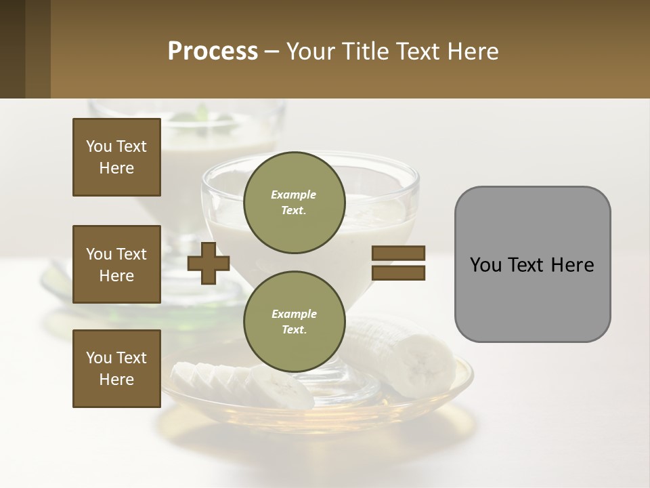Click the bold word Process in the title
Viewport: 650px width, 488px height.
[213, 52]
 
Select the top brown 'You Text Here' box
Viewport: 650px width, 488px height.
[116, 157]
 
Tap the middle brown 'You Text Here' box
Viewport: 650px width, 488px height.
[116, 264]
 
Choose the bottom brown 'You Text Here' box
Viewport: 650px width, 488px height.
[116, 368]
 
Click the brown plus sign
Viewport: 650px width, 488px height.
[209, 263]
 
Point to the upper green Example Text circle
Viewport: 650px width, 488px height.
[294, 202]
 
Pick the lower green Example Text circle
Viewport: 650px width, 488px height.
[294, 321]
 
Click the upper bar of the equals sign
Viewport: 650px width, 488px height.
[398, 253]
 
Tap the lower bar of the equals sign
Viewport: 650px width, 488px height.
[398, 273]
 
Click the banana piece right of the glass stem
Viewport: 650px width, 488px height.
[406, 356]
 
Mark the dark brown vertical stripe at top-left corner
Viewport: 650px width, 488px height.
[12, 49]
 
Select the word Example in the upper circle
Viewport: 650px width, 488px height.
[294, 195]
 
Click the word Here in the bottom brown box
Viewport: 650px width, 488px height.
[116, 380]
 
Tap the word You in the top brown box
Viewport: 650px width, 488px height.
[98, 146]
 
